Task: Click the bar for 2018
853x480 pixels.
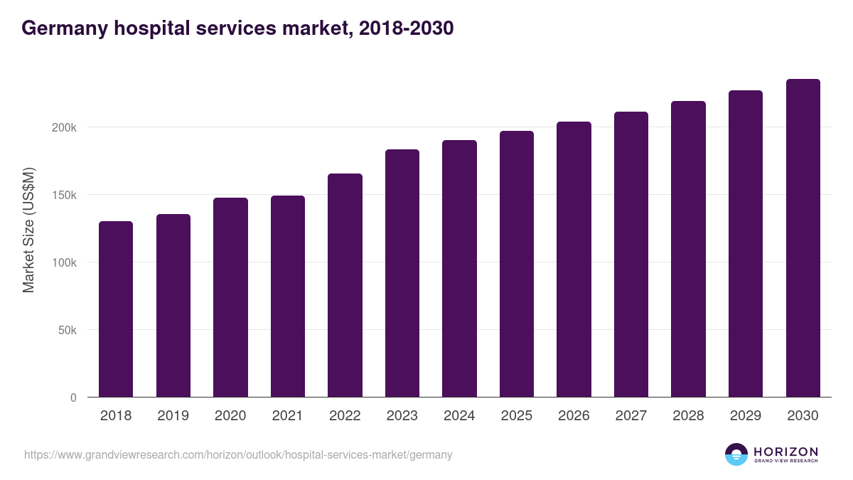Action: pos(116,309)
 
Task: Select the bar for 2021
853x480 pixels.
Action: pos(287,296)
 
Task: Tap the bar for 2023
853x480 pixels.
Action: pos(402,273)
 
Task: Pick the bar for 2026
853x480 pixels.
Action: pos(574,259)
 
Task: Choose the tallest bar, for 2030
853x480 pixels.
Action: pos(803,238)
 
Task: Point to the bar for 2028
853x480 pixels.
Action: pos(688,249)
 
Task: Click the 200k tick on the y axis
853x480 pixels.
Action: pos(63,127)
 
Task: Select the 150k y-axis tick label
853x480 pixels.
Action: pos(63,195)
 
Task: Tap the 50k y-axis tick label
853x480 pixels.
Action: pos(66,330)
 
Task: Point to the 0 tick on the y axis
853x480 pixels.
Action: pos(73,398)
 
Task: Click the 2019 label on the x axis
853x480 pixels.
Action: pos(173,416)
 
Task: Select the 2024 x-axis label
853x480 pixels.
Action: pos(459,416)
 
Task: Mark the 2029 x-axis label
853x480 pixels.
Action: pos(746,416)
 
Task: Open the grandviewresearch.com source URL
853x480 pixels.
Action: pos(238,454)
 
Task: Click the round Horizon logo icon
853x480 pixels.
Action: pos(736,454)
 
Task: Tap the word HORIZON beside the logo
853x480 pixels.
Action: pos(785,451)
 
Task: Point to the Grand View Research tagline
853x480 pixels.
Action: pos(785,461)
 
